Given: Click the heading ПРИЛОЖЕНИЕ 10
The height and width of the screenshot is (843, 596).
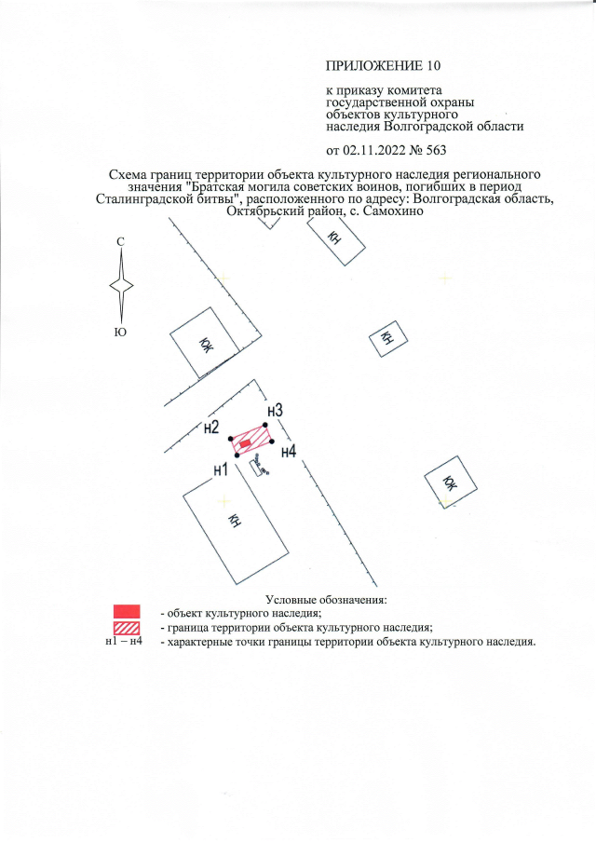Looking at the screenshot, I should coord(381,66).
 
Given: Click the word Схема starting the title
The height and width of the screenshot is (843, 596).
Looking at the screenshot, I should coord(130,174).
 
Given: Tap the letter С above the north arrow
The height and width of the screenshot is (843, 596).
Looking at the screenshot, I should coord(120,242).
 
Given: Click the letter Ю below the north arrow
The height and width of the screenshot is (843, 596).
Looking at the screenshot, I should coord(120,332).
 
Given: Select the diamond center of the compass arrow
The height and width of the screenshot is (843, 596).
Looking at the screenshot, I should coord(121,286).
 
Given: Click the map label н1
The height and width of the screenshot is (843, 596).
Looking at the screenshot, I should coord(221,470).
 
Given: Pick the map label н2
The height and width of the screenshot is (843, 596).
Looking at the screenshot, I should coord(211,428).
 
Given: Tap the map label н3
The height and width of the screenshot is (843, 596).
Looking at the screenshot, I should coord(274,411).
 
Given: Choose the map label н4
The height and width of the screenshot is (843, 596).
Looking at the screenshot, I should coord(289,452).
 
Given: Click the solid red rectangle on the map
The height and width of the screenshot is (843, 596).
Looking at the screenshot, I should coord(245,444).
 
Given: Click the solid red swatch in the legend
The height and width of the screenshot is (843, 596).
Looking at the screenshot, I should coord(126,611).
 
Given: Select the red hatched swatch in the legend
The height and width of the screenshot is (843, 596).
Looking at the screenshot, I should coord(126,627).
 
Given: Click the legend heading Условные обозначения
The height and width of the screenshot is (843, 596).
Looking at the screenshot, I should coord(325,598).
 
